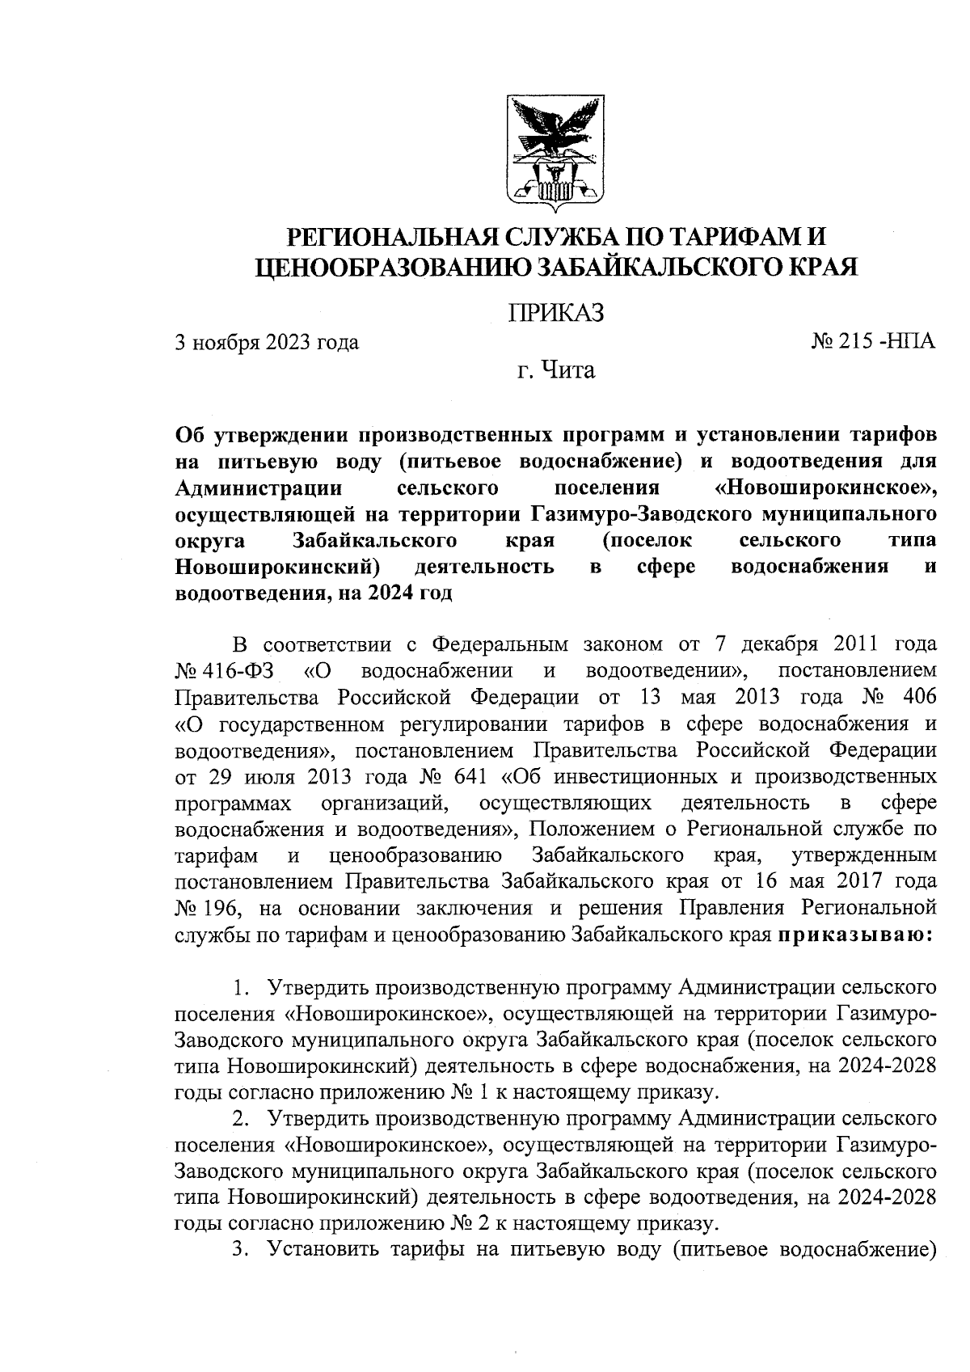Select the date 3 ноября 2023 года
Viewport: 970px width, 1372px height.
tap(268, 343)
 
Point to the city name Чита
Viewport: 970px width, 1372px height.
tap(567, 371)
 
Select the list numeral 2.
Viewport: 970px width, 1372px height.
tap(239, 1119)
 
